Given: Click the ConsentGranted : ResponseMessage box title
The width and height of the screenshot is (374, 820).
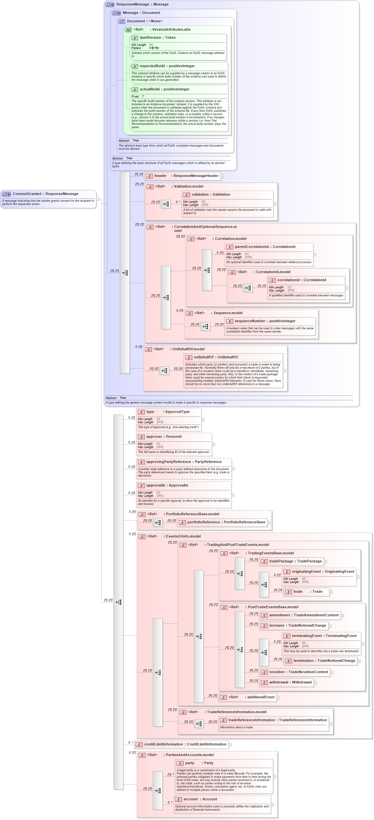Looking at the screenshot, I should [x=45, y=194].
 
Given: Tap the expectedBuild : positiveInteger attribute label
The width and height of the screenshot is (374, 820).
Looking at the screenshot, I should [x=167, y=66].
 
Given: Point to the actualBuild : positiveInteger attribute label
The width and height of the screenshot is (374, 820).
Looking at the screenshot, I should [x=165, y=89].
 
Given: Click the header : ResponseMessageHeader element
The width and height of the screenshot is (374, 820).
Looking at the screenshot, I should [x=183, y=176].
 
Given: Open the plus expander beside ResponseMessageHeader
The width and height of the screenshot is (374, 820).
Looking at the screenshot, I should [x=222, y=176].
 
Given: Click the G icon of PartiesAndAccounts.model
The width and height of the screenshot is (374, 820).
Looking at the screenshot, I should [x=142, y=755].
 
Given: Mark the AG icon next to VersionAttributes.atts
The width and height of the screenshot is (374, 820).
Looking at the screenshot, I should [x=128, y=30].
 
